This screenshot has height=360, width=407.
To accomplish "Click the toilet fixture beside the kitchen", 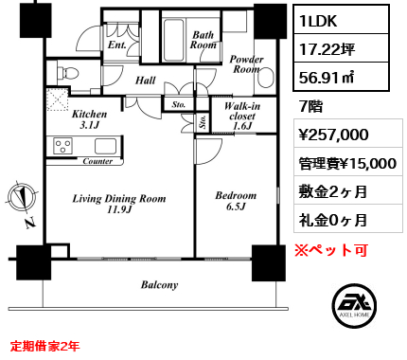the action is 68,73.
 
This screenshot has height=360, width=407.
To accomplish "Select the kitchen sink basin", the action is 105,146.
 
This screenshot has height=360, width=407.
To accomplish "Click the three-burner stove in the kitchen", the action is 62,146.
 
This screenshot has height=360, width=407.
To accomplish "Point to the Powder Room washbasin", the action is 265,78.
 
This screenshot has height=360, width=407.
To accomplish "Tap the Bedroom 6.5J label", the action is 236,201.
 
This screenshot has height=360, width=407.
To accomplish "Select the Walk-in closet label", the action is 242,116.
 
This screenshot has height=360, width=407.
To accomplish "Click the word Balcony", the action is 159,285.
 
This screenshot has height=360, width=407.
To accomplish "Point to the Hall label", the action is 146,81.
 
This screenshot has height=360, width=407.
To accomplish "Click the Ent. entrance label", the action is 117,45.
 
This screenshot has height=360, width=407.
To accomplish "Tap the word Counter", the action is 97,161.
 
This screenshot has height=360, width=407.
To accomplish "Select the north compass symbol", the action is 22,198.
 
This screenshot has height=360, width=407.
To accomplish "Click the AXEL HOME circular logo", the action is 354,305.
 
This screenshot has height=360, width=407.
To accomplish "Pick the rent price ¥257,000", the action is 333,135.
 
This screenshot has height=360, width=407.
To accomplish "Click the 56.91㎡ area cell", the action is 327,77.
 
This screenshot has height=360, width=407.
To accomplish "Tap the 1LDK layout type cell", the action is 318,21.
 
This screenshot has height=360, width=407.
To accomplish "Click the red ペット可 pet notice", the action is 331,250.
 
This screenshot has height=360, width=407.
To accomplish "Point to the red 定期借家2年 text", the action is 44,346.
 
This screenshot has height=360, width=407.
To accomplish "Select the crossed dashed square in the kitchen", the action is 58,99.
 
